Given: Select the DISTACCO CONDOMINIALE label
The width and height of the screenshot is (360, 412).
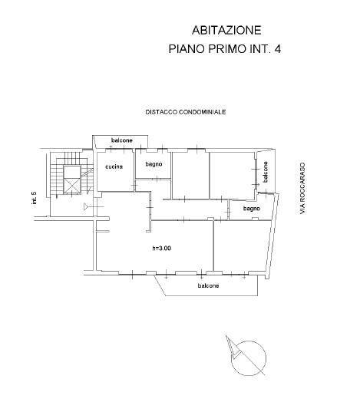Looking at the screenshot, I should point(185,112).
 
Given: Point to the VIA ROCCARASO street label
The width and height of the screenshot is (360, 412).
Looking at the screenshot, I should point(303,188).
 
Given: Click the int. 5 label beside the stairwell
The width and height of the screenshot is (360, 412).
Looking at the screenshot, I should point(35,198).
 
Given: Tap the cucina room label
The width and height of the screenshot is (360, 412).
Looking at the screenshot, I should point(114,166).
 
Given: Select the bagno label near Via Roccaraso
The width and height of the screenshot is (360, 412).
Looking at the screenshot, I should point(251,209).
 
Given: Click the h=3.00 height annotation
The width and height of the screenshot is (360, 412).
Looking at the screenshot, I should point(161,248).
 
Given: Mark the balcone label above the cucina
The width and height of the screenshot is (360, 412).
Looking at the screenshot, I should point(121,140).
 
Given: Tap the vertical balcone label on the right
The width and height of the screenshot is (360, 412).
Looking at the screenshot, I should point(266,172).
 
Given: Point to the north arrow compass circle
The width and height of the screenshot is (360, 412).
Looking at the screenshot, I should point(251,355).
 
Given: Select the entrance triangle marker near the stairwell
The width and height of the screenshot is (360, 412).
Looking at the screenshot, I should point(86,206).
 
